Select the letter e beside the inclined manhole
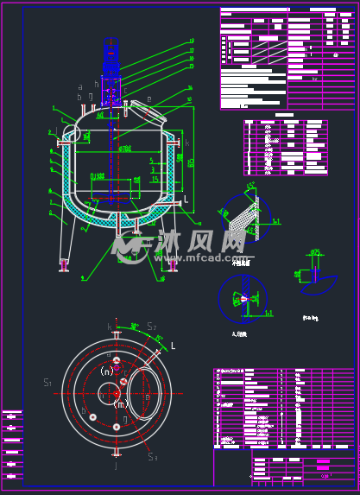click(148, 100)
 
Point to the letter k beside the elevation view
click(187, 142)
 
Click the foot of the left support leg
click(64, 263)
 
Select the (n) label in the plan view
click(107, 371)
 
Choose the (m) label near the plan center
click(120, 403)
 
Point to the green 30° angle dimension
click(135, 327)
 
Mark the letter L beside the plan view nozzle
click(173, 346)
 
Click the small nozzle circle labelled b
click(91, 417)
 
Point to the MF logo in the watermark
click(129, 246)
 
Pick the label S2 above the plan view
click(152, 327)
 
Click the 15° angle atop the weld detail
click(250, 185)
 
